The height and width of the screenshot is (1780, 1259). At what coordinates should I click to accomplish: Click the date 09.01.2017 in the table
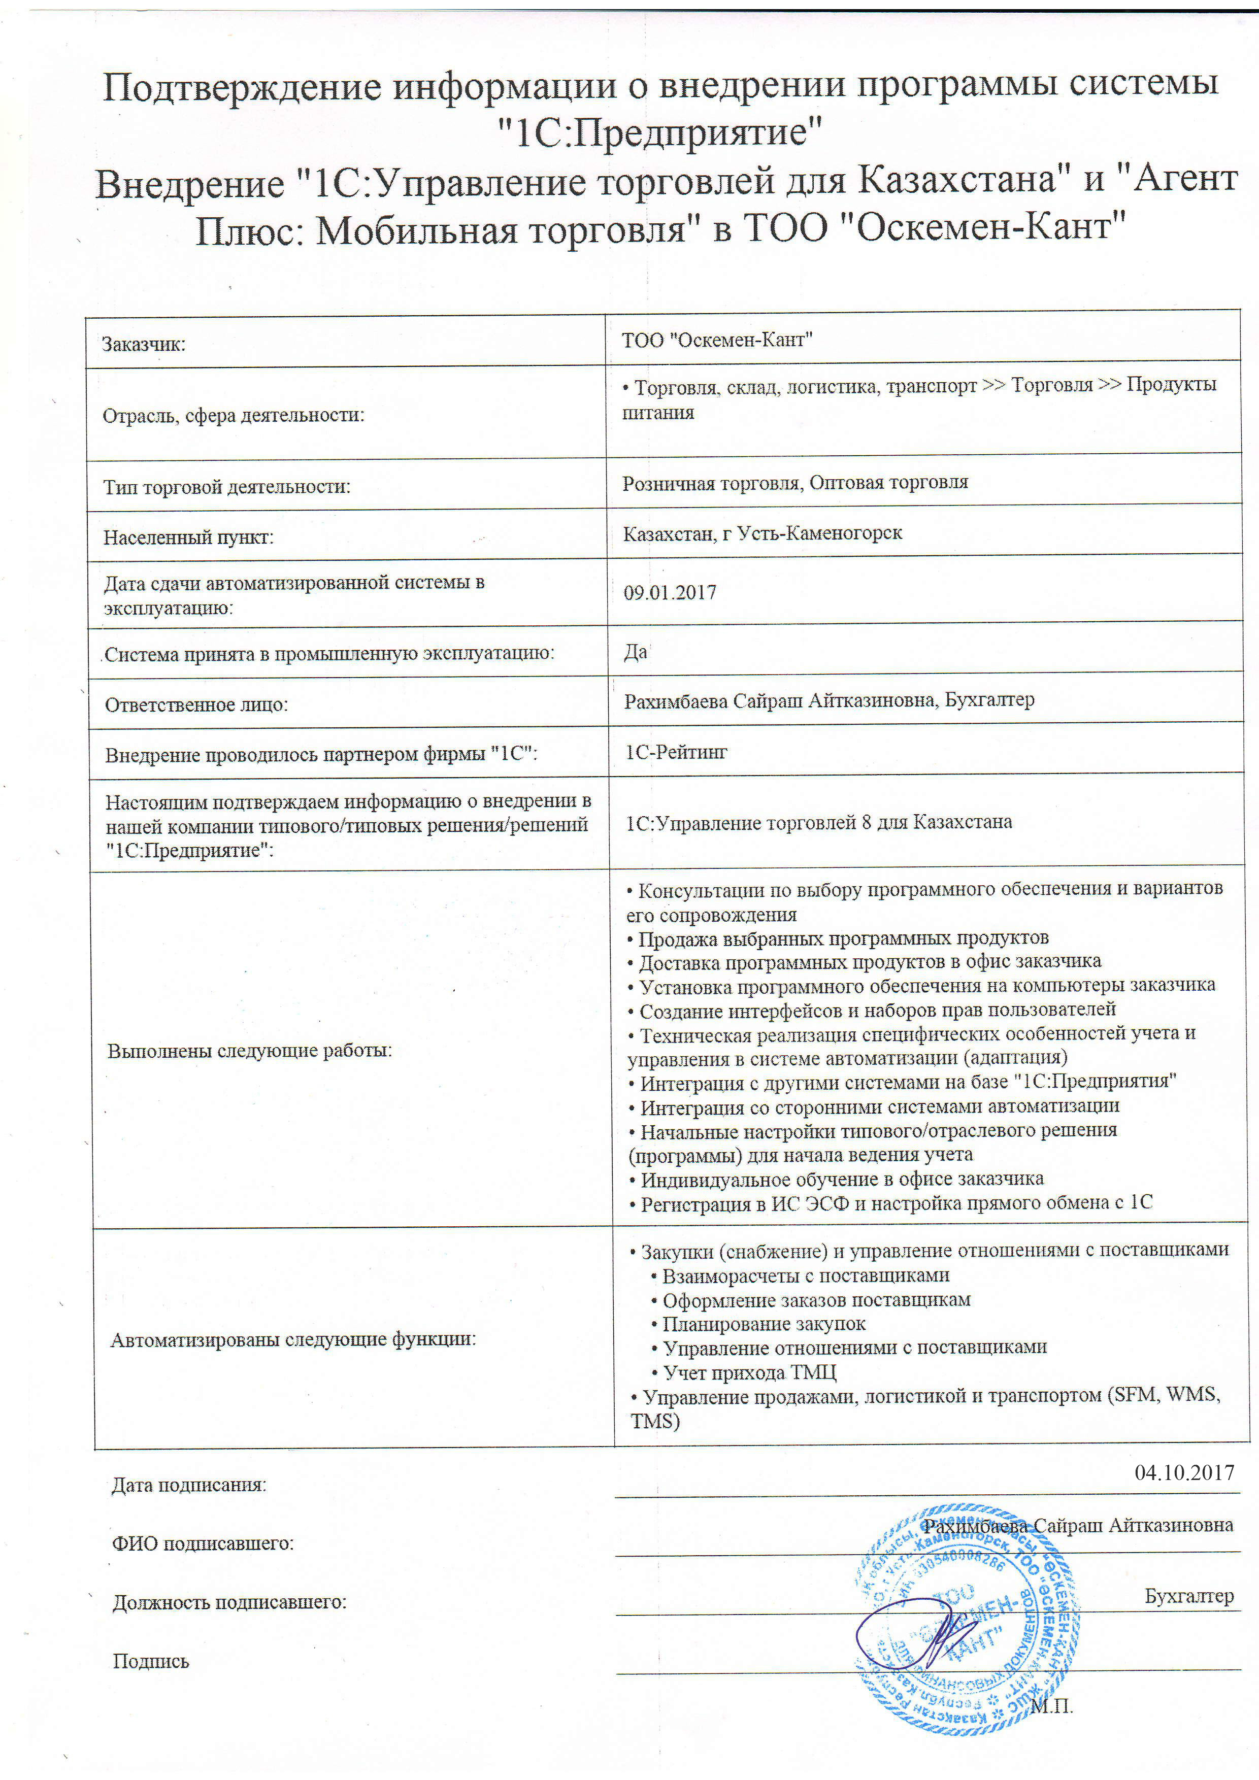tap(670, 593)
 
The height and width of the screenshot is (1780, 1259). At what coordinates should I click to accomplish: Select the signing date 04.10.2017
tap(1184, 1472)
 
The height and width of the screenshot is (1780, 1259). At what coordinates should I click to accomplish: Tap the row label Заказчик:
tap(144, 344)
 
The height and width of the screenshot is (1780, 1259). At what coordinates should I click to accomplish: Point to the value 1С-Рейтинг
tap(676, 752)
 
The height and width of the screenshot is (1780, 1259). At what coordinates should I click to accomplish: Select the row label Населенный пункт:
tap(188, 538)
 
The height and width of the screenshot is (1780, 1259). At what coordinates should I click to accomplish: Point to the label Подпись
tap(151, 1661)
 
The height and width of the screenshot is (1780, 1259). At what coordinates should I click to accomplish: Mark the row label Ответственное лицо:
tap(196, 704)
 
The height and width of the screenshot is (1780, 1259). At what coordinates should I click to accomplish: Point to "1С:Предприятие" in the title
tap(660, 132)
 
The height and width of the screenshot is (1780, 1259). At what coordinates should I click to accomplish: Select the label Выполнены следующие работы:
tap(250, 1051)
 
